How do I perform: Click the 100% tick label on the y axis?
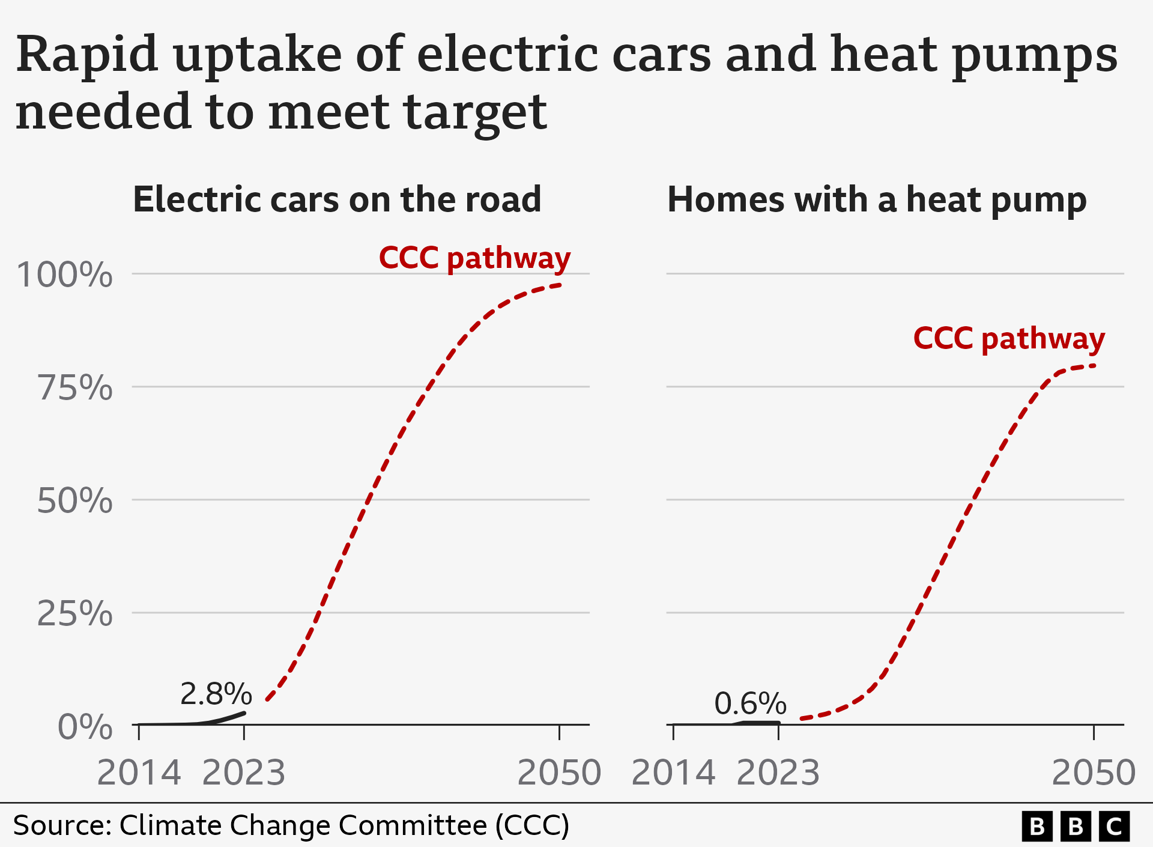point(64,275)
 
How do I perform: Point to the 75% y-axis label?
point(75,387)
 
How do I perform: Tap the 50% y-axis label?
point(75,500)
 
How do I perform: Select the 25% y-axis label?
point(75,613)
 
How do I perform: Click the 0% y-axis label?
point(85,727)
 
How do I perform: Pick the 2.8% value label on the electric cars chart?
point(216,694)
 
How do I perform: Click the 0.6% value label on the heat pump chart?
point(750,703)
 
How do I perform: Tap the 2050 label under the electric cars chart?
point(559,773)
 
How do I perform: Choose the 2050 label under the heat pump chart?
point(1094,773)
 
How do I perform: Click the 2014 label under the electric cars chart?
point(139,773)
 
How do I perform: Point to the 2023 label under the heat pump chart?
point(778,773)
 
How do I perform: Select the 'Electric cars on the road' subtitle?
point(337,199)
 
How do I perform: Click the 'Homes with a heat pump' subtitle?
point(877,199)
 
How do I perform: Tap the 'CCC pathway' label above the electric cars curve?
point(474,258)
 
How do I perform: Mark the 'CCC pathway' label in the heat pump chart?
point(1009,339)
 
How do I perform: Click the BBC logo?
point(1076,827)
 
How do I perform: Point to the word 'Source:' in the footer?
point(62,825)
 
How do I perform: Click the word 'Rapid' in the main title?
point(87,55)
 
